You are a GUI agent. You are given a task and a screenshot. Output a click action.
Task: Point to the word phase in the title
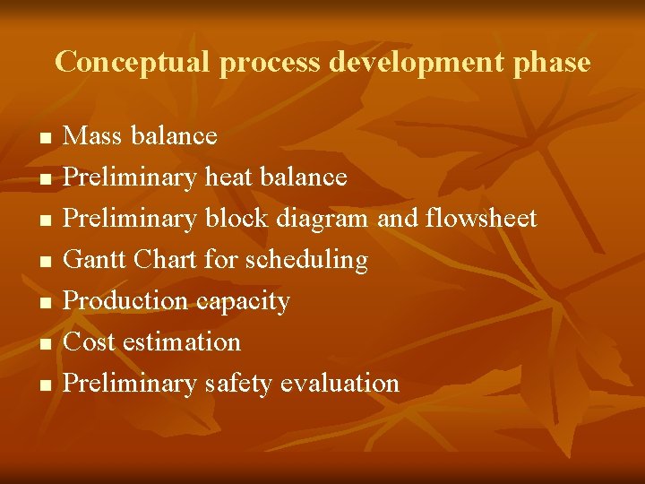[555, 63]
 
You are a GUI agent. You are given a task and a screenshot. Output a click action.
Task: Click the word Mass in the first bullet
[93, 136]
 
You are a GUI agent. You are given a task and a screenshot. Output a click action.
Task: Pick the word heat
[228, 177]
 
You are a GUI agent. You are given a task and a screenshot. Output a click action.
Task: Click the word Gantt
[95, 260]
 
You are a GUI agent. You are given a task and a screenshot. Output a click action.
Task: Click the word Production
[126, 301]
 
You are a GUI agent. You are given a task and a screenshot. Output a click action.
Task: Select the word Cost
[90, 342]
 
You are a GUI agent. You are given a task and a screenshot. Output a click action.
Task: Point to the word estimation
[182, 342]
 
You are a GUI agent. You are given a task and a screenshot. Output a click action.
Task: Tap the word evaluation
[340, 384]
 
